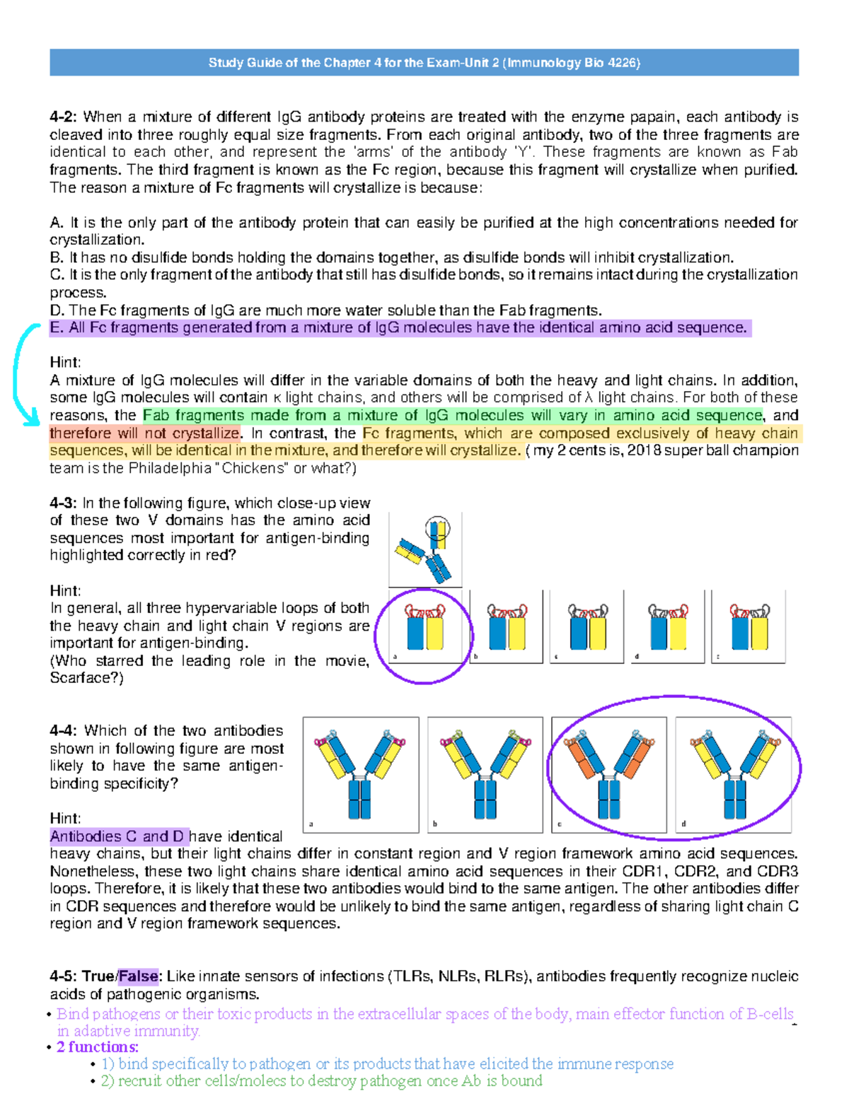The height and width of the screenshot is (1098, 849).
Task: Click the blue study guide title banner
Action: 424,62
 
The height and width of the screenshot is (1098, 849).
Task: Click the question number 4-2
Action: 64,117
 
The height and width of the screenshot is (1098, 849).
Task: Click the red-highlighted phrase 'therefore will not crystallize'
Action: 145,433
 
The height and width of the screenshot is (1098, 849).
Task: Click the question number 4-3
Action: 64,503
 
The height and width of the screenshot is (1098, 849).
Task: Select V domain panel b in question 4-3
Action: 506,626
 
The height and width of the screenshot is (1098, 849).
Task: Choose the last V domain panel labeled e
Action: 749,626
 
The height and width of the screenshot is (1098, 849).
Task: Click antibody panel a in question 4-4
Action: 361,774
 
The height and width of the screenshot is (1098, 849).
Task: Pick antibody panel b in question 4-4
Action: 485,774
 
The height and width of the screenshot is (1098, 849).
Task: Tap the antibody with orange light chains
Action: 608,774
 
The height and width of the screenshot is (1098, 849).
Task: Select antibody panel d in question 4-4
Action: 733,774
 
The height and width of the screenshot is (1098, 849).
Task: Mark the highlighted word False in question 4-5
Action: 139,976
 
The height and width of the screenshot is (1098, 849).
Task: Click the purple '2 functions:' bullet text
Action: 98,1047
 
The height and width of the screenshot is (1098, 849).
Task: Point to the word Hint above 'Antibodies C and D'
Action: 65,819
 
